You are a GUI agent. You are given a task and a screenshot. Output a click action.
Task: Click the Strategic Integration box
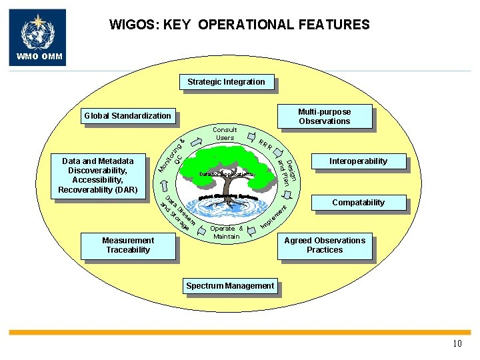[x=226, y=83]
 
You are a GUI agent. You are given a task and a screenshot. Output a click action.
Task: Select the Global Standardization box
[x=127, y=116]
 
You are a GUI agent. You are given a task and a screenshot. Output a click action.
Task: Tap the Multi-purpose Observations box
[x=324, y=117]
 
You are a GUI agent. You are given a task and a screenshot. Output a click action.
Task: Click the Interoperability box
[x=357, y=161]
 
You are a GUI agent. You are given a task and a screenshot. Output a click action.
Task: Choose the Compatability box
[x=358, y=203]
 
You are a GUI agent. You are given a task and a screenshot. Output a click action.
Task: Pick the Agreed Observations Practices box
[x=325, y=245]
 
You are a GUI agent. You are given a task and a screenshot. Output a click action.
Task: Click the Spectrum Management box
[x=229, y=287]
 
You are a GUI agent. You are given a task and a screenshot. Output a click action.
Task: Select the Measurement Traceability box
[x=127, y=245]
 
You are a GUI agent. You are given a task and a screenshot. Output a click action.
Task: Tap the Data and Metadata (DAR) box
[x=98, y=175]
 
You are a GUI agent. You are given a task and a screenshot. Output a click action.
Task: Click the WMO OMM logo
[x=37, y=37]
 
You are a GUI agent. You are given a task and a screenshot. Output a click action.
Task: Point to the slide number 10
[x=457, y=344]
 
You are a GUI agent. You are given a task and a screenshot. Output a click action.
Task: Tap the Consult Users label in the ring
[x=225, y=133]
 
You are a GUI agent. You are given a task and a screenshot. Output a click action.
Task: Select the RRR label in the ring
[x=265, y=145]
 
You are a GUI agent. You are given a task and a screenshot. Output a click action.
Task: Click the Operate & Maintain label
[x=226, y=232]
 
